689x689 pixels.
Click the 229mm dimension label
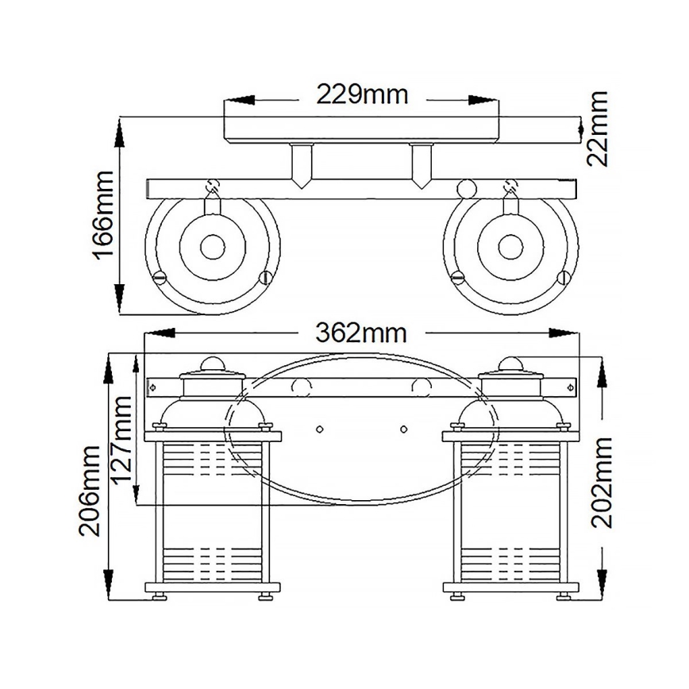(x=362, y=94)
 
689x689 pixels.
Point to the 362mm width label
(x=362, y=332)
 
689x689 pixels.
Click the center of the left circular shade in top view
(x=213, y=247)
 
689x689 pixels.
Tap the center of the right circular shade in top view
(x=510, y=247)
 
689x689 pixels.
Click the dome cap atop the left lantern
(x=213, y=364)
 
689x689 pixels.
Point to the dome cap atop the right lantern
(x=511, y=364)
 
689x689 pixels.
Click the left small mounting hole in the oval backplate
(x=319, y=429)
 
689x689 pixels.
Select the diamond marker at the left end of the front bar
(x=153, y=387)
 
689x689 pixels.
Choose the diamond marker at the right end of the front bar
(x=571, y=387)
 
